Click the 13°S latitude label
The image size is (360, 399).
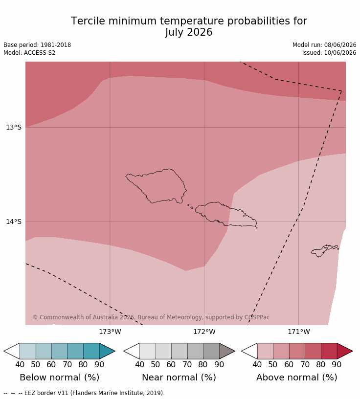tap(14, 127)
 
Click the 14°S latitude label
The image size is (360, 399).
tap(14, 222)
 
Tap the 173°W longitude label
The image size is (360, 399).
tap(110, 332)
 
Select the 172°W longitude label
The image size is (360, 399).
tap(204, 332)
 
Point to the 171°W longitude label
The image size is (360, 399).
tap(299, 332)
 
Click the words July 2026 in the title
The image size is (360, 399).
tap(189, 32)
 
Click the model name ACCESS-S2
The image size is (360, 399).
tap(40, 53)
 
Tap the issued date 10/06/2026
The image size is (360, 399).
tap(340, 53)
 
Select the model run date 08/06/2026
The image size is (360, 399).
tap(340, 45)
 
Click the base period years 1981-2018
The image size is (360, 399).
tap(56, 45)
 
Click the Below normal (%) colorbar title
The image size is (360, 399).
tap(60, 377)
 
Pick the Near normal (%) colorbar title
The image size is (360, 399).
tap(179, 377)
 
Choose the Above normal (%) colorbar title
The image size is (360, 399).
tap(297, 377)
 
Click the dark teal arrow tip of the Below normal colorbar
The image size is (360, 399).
tap(114, 351)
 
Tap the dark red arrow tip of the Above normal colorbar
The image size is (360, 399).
tap(352, 351)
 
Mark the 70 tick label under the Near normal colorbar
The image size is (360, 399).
tap(187, 365)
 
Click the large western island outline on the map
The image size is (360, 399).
tap(126, 176)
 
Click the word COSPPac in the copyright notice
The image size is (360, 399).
tap(257, 317)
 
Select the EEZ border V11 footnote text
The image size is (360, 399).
tap(94, 393)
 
